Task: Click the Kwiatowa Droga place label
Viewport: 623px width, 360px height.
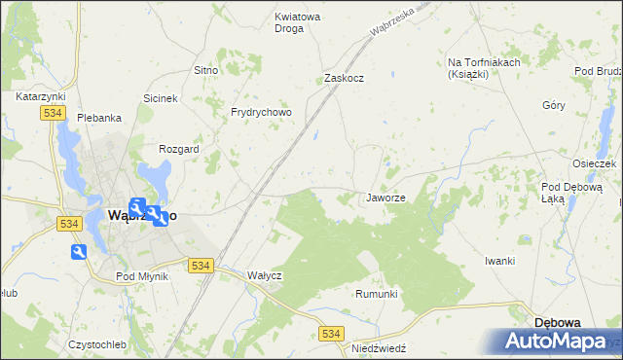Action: [x=303, y=22]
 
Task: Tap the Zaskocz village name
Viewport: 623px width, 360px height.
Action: [x=344, y=78]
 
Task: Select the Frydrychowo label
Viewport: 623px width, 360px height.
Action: [x=260, y=112]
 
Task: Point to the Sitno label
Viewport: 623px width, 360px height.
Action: [x=204, y=71]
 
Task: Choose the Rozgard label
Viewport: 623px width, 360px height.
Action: [x=179, y=149]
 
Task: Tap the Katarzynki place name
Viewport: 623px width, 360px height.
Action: [x=40, y=97]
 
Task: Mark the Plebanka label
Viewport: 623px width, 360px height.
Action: [x=99, y=118]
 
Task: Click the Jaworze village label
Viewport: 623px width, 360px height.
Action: [x=385, y=198]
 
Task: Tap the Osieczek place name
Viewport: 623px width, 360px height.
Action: [x=594, y=163]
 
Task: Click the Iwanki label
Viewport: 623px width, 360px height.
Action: [x=499, y=261]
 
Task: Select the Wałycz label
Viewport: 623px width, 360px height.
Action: [x=264, y=275]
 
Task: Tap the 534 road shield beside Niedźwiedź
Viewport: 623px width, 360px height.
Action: [x=331, y=334]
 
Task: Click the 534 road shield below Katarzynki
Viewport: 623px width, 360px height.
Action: [x=53, y=114]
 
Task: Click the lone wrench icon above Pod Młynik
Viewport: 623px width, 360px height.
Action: [x=79, y=252]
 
